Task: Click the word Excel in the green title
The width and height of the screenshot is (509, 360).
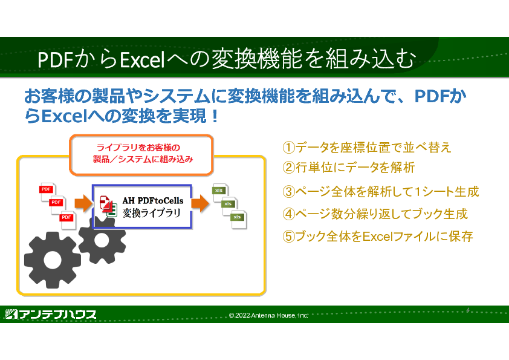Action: pos(143,60)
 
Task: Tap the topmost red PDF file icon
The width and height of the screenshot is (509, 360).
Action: pos(48,192)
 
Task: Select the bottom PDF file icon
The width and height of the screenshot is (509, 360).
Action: pos(68,220)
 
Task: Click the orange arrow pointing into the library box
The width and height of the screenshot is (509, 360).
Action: pos(83,203)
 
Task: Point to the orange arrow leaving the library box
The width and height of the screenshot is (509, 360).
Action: pos(200,203)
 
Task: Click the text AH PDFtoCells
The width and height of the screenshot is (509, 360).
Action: pos(153,201)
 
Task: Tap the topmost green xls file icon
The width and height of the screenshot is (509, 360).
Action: pos(221,192)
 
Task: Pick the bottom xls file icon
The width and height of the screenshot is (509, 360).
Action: pos(239,220)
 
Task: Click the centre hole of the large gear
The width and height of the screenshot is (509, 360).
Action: pos(53,260)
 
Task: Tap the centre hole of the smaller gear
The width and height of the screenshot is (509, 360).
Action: pos(102,240)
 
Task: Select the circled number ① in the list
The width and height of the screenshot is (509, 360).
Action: pos(288,148)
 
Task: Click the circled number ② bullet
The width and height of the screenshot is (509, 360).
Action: pos(288,168)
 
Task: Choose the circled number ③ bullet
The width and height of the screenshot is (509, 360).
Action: pos(288,192)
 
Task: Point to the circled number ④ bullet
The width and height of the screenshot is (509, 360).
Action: pos(288,214)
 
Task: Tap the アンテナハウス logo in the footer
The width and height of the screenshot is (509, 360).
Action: pos(51,314)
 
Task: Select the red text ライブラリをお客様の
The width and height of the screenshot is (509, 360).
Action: pos(138,148)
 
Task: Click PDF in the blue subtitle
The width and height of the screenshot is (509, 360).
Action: pos(432,96)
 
